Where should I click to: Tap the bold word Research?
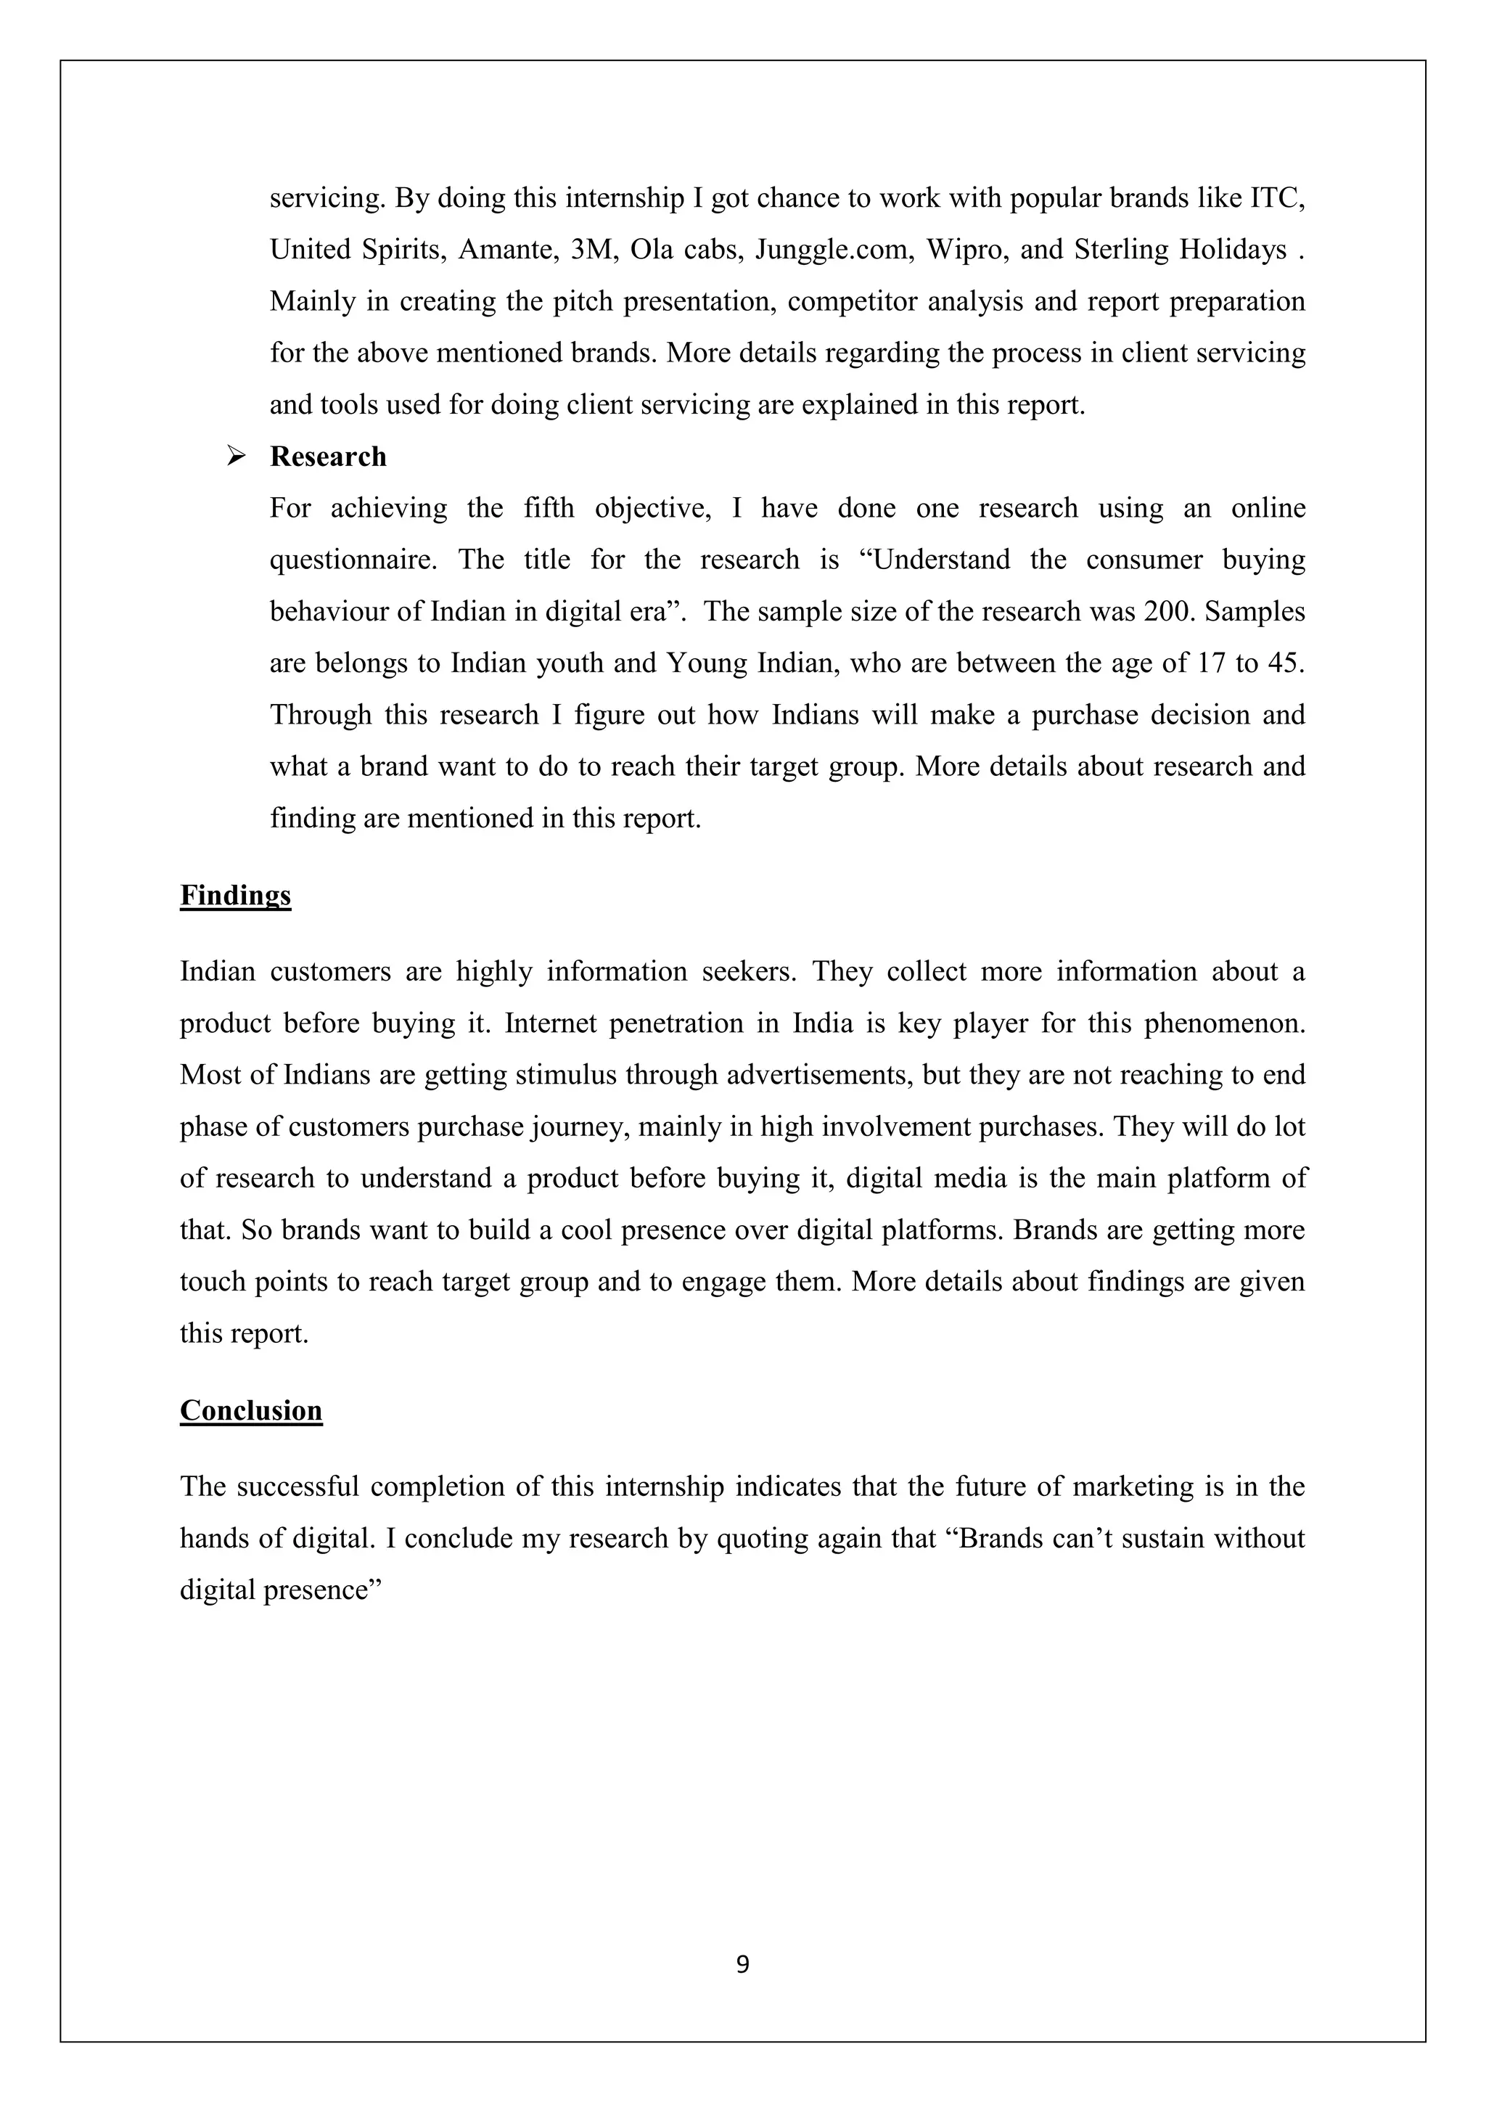click(x=327, y=456)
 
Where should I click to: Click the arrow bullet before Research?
click(x=236, y=455)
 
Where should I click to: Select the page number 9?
click(x=742, y=1964)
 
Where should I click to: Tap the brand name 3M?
click(x=590, y=249)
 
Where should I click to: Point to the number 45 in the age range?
click(x=1284, y=663)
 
